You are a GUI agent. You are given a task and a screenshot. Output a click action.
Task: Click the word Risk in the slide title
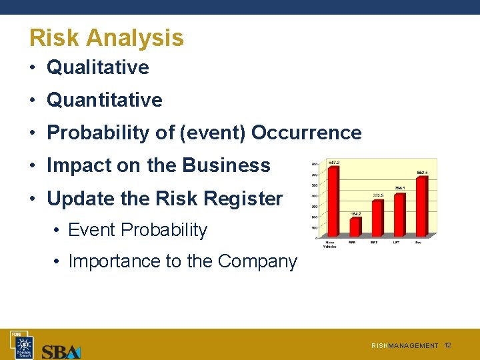click(54, 38)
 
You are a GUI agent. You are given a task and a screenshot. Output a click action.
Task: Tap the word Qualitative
click(98, 67)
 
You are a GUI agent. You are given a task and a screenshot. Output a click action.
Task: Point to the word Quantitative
click(105, 100)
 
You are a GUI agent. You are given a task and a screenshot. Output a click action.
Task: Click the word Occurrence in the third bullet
click(307, 133)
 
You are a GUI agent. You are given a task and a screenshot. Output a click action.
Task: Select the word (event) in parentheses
click(215, 133)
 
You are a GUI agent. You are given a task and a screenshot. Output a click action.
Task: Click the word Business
click(227, 165)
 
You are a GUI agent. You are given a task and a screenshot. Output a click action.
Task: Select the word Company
click(261, 261)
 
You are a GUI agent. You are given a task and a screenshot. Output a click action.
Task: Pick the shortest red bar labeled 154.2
click(355, 227)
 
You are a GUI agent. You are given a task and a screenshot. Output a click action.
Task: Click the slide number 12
click(447, 345)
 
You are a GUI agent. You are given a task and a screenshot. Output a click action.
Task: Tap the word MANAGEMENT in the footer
click(413, 346)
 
